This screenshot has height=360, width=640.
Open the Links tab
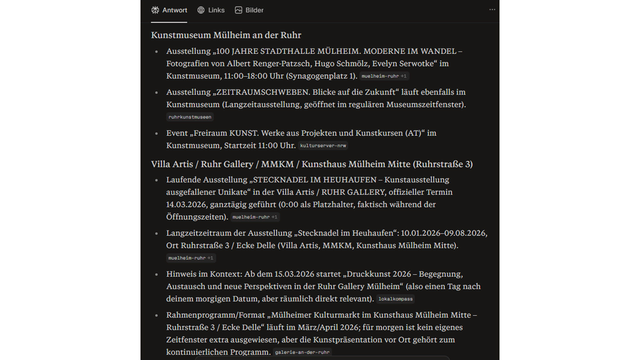click(x=210, y=10)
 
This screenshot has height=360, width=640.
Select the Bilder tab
click(x=249, y=10)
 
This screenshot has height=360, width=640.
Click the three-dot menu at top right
click(x=492, y=10)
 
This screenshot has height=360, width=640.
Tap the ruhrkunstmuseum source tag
click(x=189, y=117)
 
